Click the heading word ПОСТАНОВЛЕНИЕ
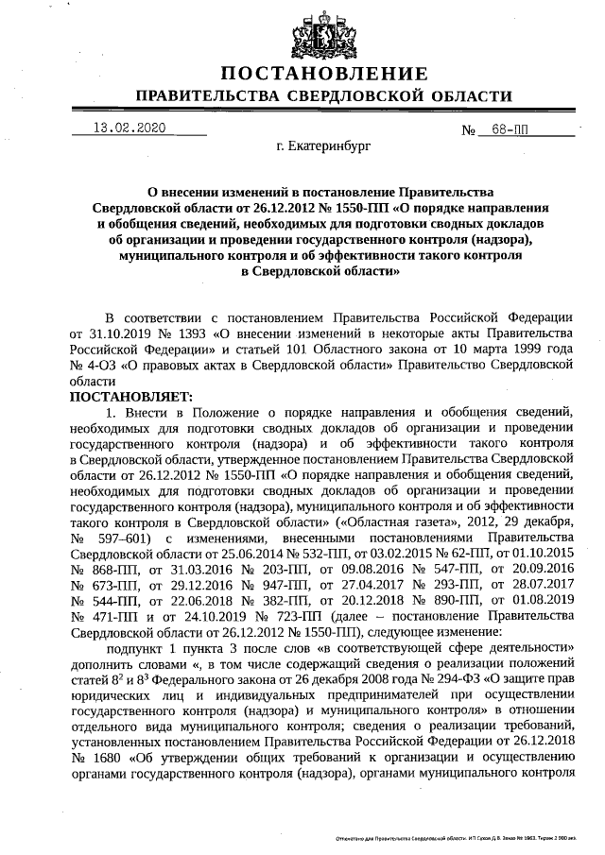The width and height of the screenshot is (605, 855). pos(324,74)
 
